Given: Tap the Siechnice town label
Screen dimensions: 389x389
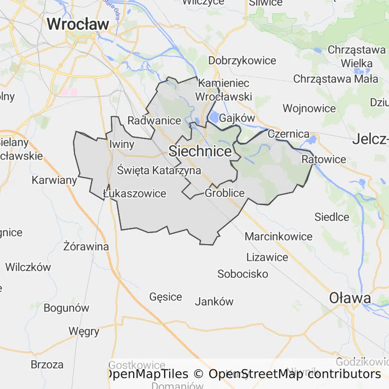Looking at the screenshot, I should coord(200,151).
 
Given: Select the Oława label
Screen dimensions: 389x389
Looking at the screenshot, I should coord(350,298).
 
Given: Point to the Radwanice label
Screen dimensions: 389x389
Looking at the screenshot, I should coord(154,121).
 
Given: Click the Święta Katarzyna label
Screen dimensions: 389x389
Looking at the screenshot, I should coord(159,170).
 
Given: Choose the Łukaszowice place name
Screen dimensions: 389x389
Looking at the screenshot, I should coord(134,193).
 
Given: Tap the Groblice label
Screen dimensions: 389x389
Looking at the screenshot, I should coord(225,193).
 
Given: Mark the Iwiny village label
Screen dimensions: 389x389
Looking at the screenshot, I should coord(122,144).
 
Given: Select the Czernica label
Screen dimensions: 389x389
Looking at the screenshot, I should coord(288,134).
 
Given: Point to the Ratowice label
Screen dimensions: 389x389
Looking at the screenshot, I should coord(324,160).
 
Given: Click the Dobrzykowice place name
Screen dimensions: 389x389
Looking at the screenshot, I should coord(243,61).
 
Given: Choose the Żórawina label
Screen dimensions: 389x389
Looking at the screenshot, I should coord(87,247).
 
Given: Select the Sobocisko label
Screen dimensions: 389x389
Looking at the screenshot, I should coord(243,274).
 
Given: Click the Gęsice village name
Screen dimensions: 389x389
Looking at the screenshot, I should coord(166,297).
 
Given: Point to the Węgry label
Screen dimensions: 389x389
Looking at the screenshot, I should coord(84,331).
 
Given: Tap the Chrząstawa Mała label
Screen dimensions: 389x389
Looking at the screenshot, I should coord(336,79).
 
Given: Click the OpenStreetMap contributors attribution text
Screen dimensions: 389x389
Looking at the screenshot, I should coord(294,374).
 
